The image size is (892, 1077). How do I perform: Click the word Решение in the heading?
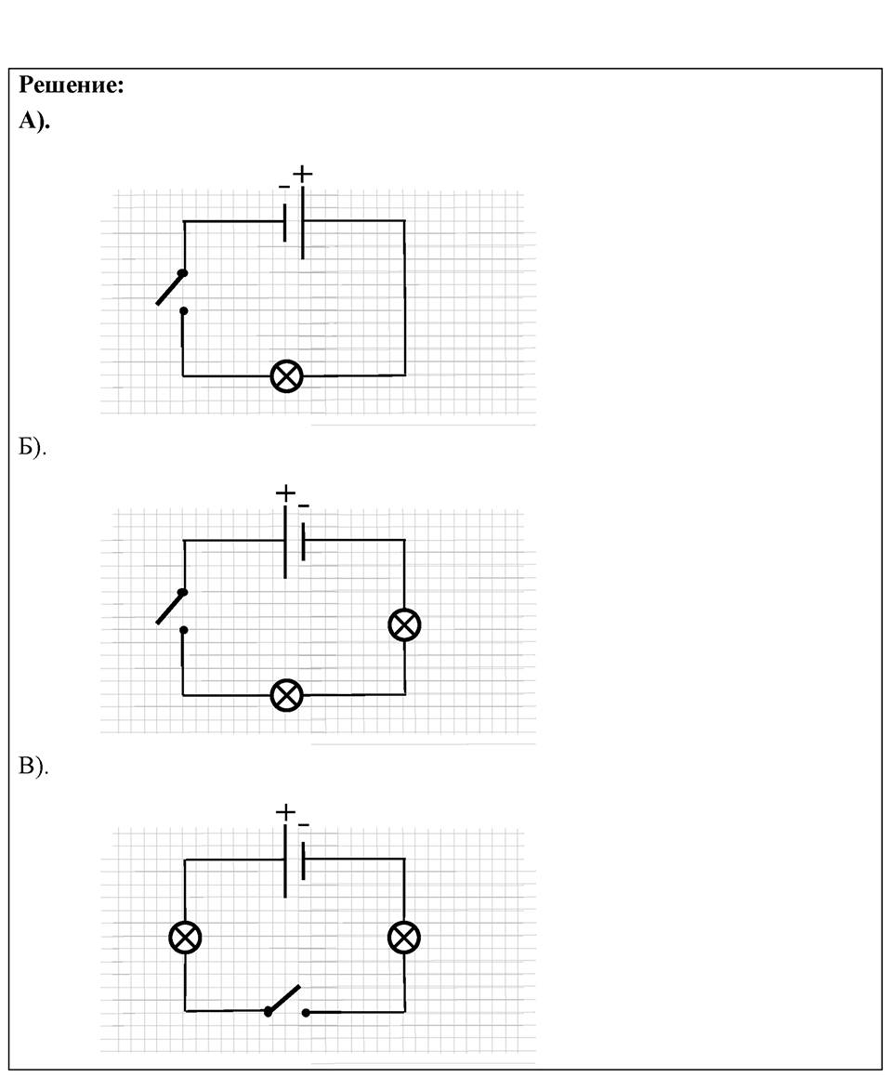pos(70,85)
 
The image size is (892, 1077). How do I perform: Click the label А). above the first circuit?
pos(34,121)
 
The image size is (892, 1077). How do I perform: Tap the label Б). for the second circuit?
pos(33,447)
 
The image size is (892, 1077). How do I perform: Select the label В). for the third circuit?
pos(33,767)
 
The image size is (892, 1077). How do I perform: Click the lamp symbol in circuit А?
pos(287,376)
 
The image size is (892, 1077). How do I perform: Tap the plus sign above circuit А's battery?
pos(303,174)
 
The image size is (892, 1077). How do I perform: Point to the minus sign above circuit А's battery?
pos(284,187)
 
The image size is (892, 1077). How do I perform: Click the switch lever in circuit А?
pos(171,288)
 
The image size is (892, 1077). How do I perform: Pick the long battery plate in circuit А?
pos(303,222)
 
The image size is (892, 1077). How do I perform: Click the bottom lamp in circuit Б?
pos(287,695)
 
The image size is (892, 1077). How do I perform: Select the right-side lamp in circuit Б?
pos(404,625)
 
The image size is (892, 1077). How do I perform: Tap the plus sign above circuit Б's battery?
pos(285,493)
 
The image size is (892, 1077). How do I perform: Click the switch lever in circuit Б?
pos(171,608)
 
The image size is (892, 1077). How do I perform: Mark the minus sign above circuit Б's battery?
pos(304,506)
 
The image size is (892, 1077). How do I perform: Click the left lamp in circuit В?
pos(186,938)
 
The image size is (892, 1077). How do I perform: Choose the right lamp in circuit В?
pos(404,938)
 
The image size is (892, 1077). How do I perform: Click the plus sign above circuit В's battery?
pos(285,812)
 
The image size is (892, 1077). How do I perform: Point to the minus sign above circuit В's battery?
pos(304,825)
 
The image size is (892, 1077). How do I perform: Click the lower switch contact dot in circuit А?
pos(183,311)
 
